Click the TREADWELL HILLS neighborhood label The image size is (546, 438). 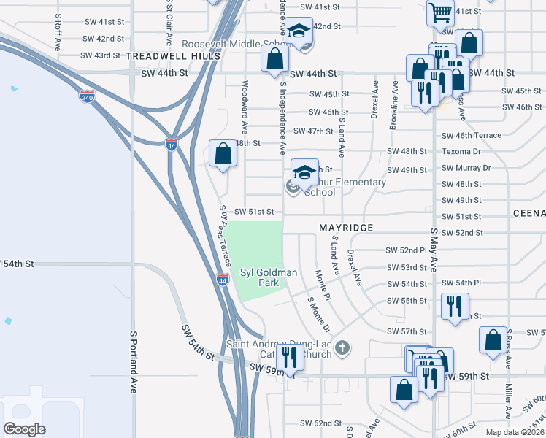pos(173,55)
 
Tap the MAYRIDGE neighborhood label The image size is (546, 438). pos(346,228)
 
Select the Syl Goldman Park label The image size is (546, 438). pos(269,278)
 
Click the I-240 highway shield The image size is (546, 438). pos(88,96)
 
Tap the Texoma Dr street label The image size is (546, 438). pos(461,152)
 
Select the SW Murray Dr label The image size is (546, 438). pos(466,168)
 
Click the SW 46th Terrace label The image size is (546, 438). pos(472,135)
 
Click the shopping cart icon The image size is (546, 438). pos(440,12)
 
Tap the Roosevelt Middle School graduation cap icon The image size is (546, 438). pos(297,31)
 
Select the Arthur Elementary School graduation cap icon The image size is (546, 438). pos(304,172)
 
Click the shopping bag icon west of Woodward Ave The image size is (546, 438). pos(223,153)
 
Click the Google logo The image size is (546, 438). pos(25,429)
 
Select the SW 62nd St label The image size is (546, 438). pos(322,423)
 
